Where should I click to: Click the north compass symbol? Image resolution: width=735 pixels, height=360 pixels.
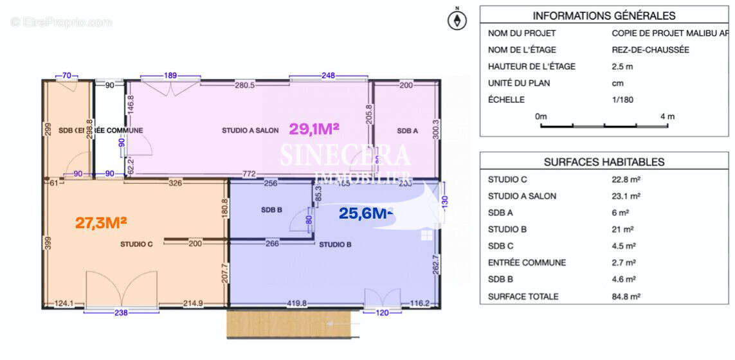(457, 21)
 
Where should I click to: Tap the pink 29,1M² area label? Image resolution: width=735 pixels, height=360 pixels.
(314, 129)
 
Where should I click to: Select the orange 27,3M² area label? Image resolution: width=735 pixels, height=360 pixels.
(101, 222)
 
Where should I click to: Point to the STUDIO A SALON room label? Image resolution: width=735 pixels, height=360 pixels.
(250, 130)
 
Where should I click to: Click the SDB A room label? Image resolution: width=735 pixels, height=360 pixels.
(407, 130)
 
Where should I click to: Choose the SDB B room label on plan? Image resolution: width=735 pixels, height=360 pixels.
(272, 210)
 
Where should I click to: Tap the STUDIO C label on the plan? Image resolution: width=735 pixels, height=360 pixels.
(136, 244)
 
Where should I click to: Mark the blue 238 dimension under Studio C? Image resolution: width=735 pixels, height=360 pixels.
(121, 313)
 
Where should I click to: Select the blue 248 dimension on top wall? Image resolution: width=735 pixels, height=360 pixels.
(328, 76)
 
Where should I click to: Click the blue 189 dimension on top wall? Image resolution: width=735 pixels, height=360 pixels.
(170, 76)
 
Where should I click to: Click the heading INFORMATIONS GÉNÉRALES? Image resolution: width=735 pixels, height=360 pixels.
(604, 16)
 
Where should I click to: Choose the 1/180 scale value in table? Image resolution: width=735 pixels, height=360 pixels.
(622, 100)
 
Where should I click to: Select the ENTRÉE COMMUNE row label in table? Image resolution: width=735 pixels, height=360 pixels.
(527, 263)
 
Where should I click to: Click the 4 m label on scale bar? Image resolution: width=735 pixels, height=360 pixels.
(667, 116)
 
